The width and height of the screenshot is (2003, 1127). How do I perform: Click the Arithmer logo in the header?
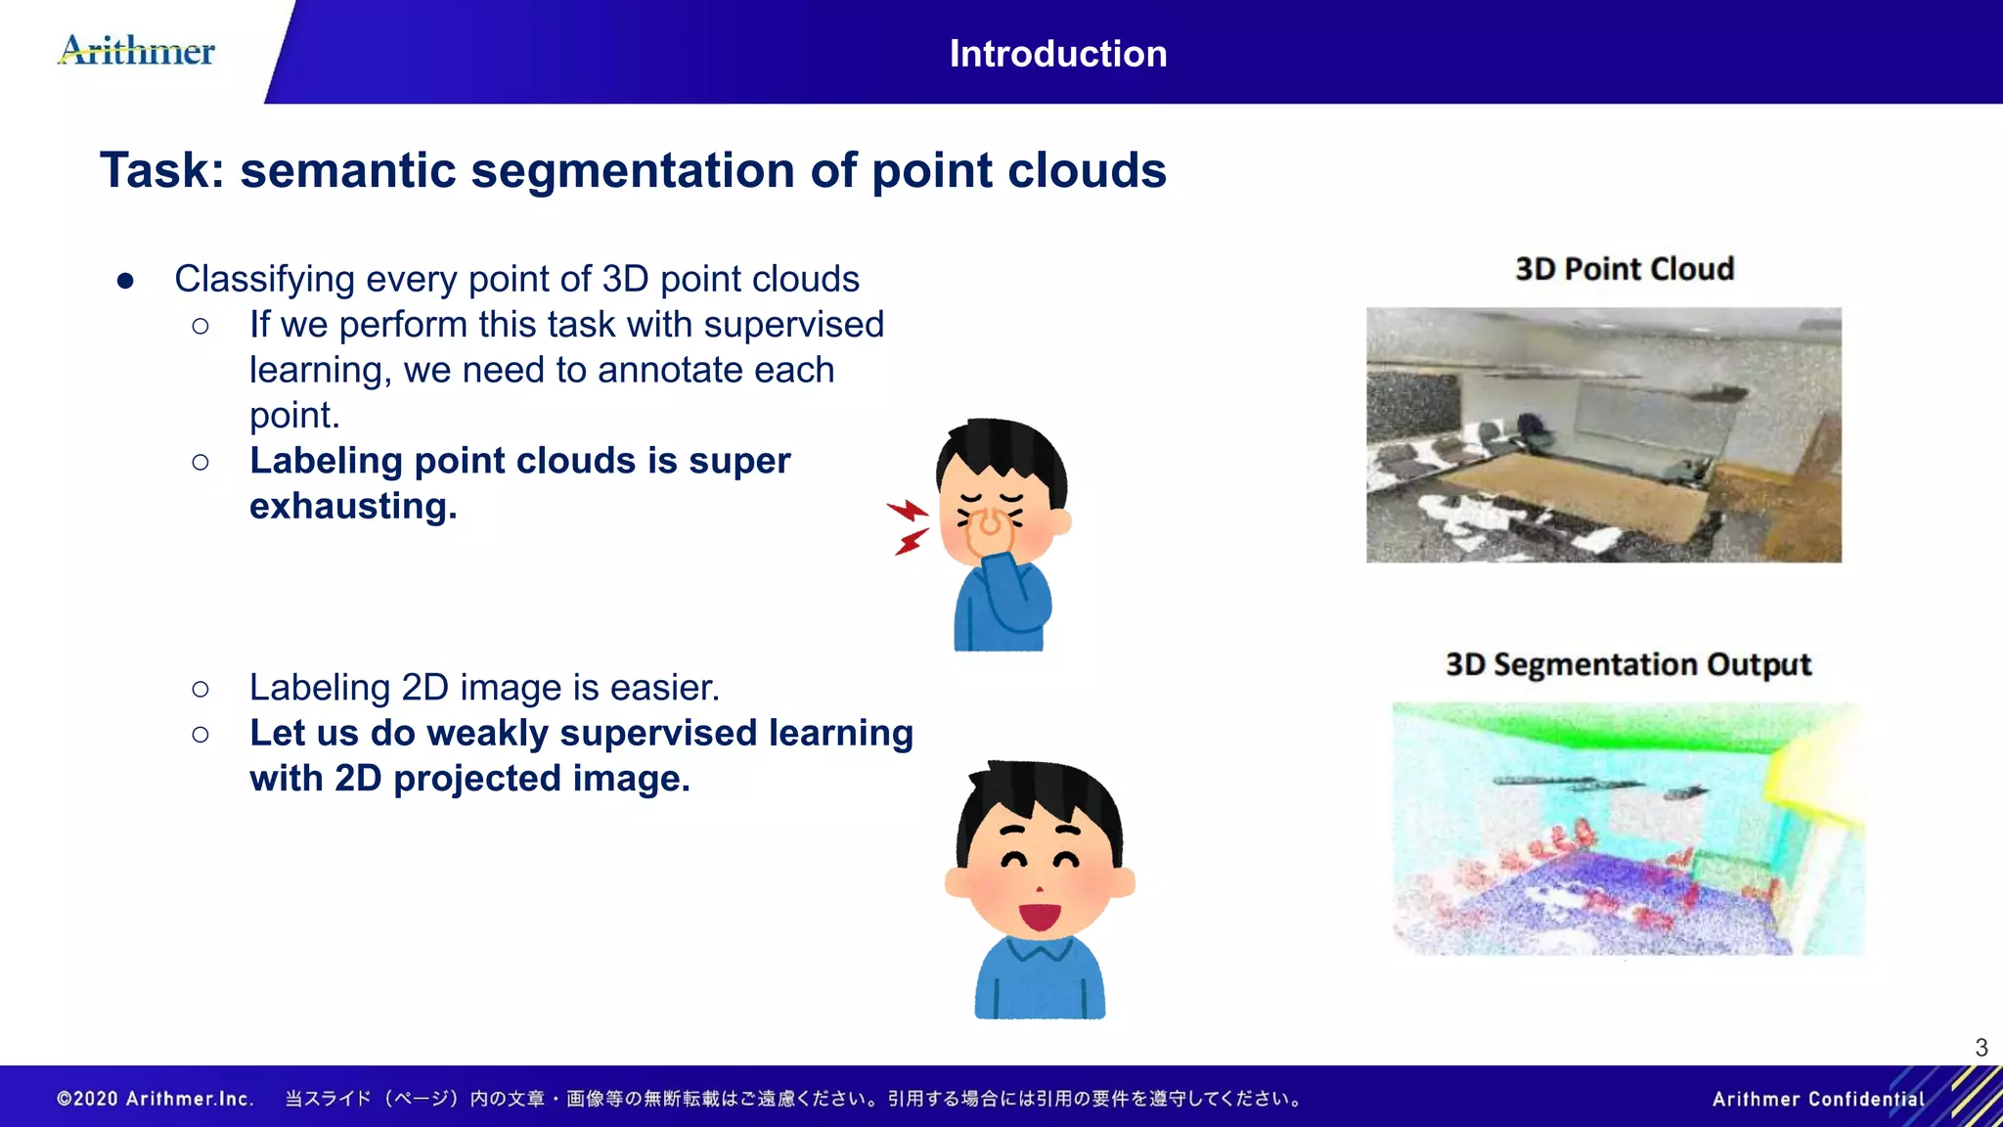pyautogui.click(x=137, y=50)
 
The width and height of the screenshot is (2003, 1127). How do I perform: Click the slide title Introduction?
pyautogui.click(x=1057, y=54)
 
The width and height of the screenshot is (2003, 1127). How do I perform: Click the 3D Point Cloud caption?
pyautogui.click(x=1624, y=269)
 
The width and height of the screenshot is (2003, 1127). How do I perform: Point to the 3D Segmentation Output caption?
pyautogui.click(x=1627, y=664)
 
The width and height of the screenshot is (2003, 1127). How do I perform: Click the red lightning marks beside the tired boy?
pyautogui.click(x=909, y=526)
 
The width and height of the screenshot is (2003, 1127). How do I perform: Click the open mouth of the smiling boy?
pyautogui.click(x=1040, y=917)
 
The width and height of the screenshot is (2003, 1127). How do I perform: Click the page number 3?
pyautogui.click(x=1981, y=1048)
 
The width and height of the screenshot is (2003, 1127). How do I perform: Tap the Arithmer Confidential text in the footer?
pyautogui.click(x=1817, y=1099)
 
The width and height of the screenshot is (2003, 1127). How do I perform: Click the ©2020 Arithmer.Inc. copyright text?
pyautogui.click(x=156, y=1099)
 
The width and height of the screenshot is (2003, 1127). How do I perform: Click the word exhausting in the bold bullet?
pyautogui.click(x=352, y=506)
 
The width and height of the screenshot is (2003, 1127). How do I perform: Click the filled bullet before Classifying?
pyautogui.click(x=125, y=281)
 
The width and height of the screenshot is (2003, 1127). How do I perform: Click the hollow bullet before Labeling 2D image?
pyautogui.click(x=200, y=689)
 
